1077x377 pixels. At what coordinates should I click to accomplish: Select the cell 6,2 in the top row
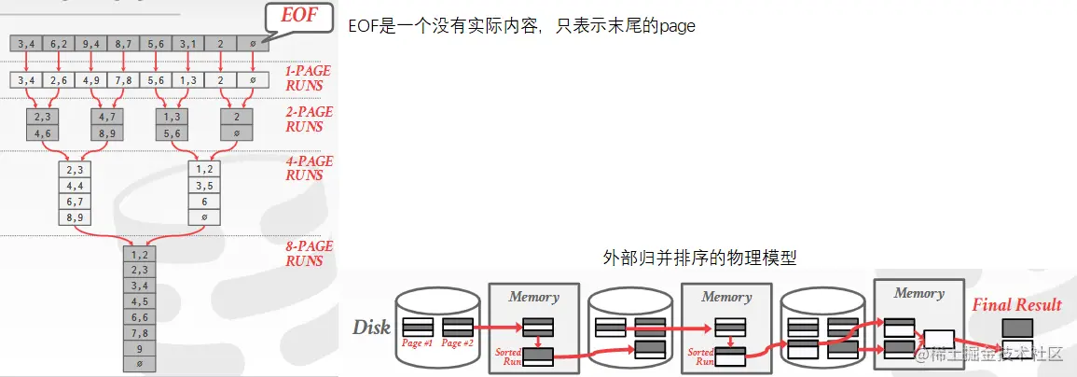coord(59,43)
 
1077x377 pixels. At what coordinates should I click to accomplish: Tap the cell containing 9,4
coord(91,43)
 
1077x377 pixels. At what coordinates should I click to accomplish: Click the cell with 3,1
coord(187,43)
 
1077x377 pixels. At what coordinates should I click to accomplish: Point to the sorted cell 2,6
coord(59,79)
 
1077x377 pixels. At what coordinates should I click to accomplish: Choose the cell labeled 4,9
coord(91,79)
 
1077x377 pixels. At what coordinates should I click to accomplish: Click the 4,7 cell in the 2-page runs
coord(106,117)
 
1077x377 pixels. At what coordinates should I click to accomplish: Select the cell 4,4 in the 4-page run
coord(76,185)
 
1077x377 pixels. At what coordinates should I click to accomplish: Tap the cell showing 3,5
coord(204,185)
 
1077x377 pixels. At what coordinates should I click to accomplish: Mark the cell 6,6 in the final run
coord(140,316)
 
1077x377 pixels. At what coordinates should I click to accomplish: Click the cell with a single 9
coord(140,347)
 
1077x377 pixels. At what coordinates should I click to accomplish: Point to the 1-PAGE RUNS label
coord(308,77)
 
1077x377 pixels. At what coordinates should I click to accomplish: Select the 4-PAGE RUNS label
coord(309,168)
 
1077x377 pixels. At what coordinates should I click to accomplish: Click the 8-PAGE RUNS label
coord(308,254)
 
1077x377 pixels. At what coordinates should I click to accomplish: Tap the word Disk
coord(370,328)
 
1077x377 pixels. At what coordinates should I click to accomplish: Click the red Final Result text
coord(1016,304)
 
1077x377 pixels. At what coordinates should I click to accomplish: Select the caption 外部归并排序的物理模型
coord(700,256)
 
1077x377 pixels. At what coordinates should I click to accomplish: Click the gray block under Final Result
coord(1016,328)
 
